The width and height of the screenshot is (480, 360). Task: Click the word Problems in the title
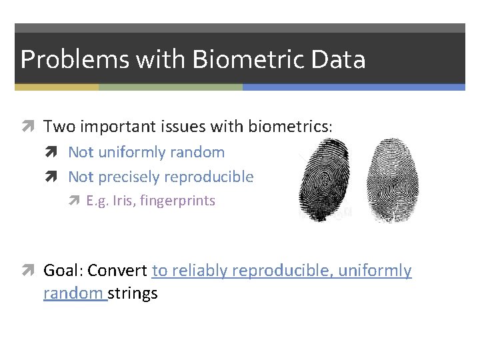75,59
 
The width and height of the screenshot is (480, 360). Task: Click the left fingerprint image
323,179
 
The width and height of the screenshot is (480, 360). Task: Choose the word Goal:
63,271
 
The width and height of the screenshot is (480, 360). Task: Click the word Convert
117,271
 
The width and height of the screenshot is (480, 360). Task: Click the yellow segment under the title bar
57,87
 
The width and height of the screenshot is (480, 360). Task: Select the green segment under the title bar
170,87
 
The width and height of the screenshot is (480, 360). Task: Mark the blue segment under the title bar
353,87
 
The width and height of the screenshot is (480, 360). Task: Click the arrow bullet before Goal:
31,271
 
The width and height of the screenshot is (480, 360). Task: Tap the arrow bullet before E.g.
78,201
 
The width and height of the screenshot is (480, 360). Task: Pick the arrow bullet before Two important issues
31,126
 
